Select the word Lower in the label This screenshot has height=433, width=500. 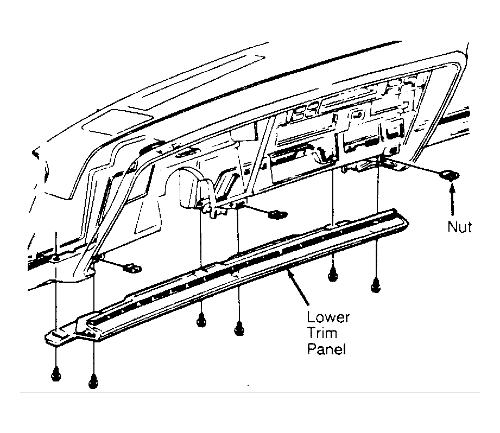(x=328, y=317)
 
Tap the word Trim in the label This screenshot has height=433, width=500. (x=322, y=333)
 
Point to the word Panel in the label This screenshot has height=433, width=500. (x=326, y=348)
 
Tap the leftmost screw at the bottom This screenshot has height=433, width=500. (x=56, y=373)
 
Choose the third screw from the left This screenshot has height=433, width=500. (x=201, y=319)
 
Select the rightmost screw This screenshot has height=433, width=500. (x=376, y=284)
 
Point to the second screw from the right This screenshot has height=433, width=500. (x=332, y=274)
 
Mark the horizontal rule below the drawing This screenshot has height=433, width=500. (x=250, y=392)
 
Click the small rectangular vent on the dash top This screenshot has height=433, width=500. (x=117, y=120)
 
